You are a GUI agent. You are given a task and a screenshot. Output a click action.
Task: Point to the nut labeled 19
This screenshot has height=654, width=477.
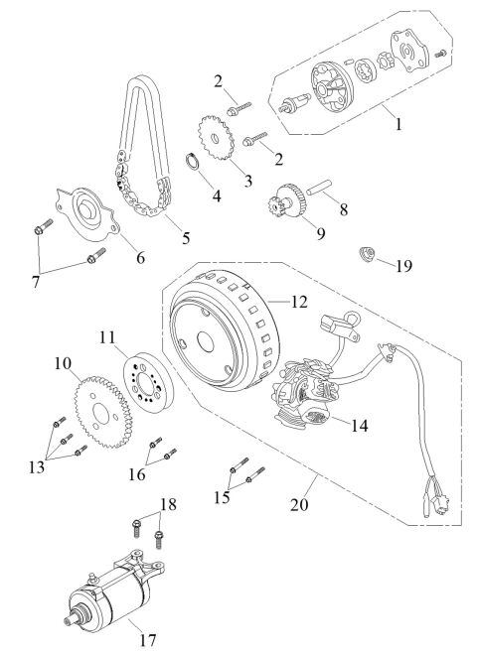368,260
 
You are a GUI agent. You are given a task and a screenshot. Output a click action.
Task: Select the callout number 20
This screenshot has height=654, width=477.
297,503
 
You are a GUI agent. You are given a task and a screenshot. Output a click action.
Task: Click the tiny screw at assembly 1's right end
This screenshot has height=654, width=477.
441,50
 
